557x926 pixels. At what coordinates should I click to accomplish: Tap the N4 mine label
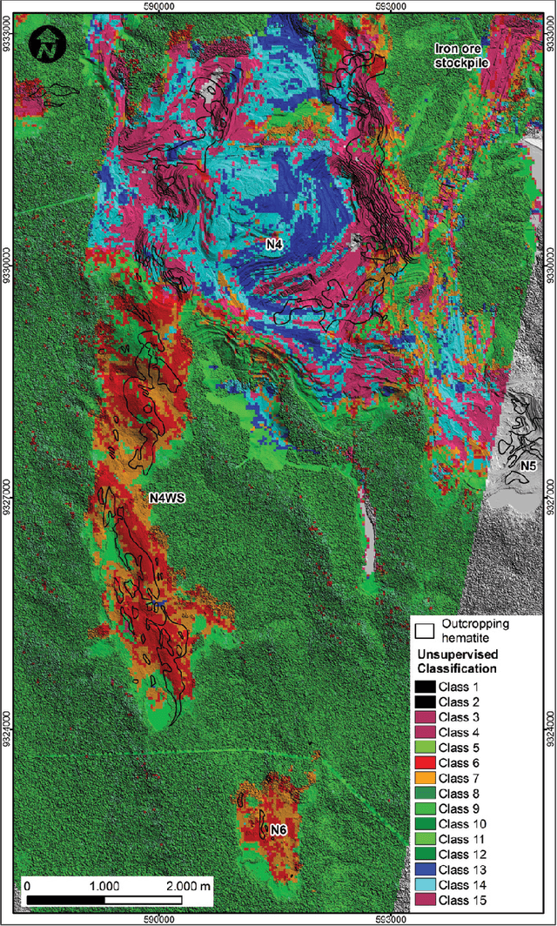pyautogui.click(x=275, y=246)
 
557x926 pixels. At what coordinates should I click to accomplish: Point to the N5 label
pyautogui.click(x=527, y=467)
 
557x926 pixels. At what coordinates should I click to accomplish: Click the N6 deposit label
pyautogui.click(x=278, y=830)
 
